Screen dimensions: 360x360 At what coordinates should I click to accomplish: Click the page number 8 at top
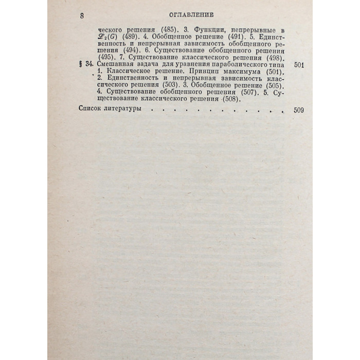[x=82, y=16]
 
